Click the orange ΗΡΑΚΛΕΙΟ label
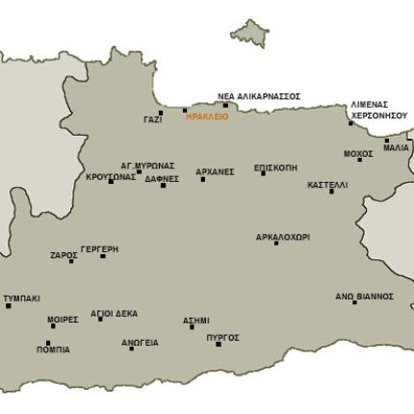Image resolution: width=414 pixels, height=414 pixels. click(x=207, y=116)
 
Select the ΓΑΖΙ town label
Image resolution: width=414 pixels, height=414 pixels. click(x=152, y=119)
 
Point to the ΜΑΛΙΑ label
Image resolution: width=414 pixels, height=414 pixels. click(x=396, y=148)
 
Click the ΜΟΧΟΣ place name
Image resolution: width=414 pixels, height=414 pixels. click(x=358, y=153)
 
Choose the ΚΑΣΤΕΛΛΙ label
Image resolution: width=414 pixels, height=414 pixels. click(x=327, y=184)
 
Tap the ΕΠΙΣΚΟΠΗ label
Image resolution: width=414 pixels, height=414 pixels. click(x=275, y=167)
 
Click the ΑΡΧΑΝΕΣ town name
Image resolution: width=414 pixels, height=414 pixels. click(x=215, y=171)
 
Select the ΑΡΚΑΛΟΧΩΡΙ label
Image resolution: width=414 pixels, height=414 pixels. click(x=282, y=236)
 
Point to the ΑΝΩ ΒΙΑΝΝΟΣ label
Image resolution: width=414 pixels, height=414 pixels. click(x=364, y=297)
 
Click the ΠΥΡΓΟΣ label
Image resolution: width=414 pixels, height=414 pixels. click(x=222, y=337)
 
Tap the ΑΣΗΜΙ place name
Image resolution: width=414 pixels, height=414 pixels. click(x=196, y=320)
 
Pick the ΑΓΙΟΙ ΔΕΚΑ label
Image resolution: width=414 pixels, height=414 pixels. click(x=114, y=313)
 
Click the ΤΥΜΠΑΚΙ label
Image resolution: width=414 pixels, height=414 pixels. click(x=21, y=298)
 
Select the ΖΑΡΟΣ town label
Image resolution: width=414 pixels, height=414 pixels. click(x=64, y=255)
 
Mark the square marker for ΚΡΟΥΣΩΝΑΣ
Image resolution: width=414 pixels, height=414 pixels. click(x=112, y=181)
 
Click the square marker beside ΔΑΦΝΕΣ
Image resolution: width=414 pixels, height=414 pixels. click(x=163, y=185)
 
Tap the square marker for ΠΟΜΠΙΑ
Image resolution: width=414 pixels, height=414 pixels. click(x=48, y=343)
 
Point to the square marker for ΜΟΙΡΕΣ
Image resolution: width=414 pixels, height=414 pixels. click(x=53, y=326)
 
